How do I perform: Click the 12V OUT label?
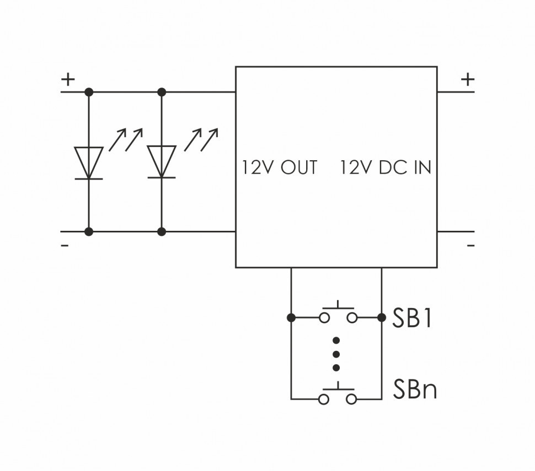[x=280, y=167]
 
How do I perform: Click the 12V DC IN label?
[x=386, y=167]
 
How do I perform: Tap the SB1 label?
[x=411, y=318]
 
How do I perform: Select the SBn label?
[x=415, y=389]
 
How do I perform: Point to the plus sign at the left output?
[x=68, y=79]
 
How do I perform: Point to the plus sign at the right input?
[x=468, y=79]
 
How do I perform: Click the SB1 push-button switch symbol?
[x=337, y=314]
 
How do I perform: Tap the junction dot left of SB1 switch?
[x=291, y=317]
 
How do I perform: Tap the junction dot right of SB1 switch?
[x=382, y=317]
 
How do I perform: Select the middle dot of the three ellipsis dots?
[x=336, y=354]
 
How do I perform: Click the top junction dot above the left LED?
[x=89, y=92]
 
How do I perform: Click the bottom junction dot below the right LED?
[x=162, y=232]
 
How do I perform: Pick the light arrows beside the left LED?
[x=126, y=139]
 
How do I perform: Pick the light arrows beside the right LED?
[x=201, y=139]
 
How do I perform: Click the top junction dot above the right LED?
[x=162, y=92]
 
